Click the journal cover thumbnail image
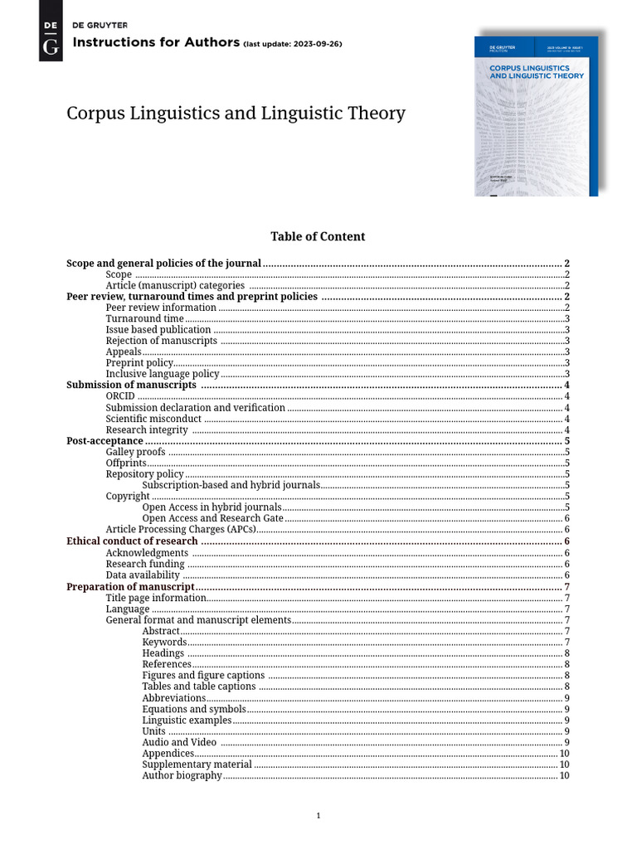[x=536, y=116]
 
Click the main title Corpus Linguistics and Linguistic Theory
[x=236, y=113]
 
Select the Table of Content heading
[x=318, y=236]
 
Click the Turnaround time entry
[x=144, y=318]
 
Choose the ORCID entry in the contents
[x=120, y=396]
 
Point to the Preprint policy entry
[x=139, y=363]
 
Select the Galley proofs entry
[x=135, y=452]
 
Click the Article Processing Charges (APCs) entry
[x=180, y=530]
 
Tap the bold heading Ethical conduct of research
[x=132, y=541]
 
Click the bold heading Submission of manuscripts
[x=131, y=385]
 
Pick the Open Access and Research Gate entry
[x=212, y=518]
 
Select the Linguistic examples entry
[x=187, y=720]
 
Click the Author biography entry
[x=182, y=775]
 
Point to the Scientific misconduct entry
[x=153, y=419]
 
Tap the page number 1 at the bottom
[x=318, y=816]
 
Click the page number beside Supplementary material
[x=564, y=764]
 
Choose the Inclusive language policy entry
[x=162, y=374]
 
